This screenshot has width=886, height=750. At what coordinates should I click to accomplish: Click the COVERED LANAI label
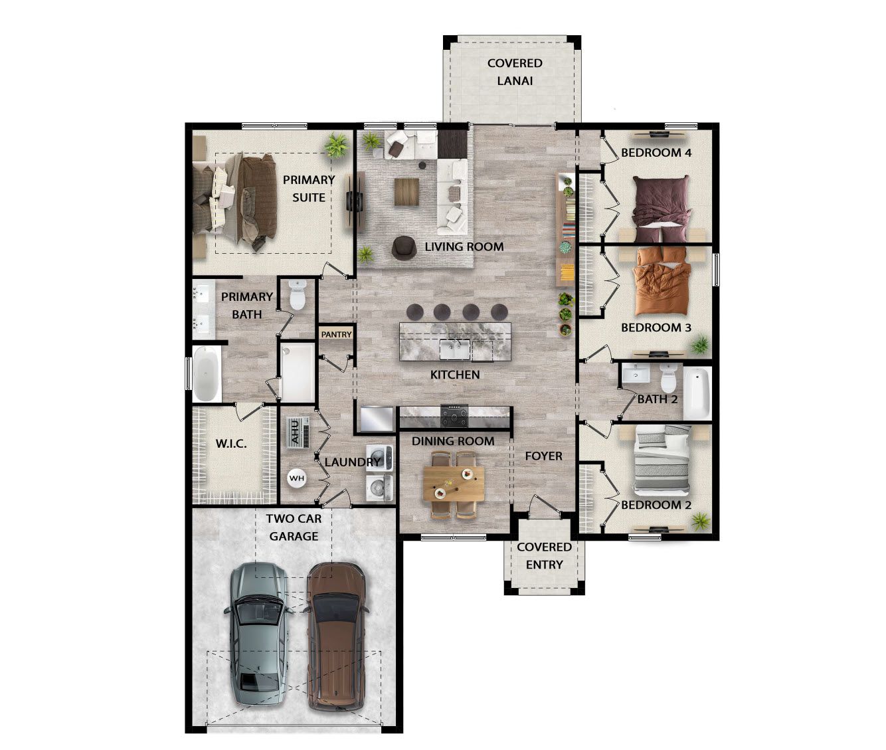515,72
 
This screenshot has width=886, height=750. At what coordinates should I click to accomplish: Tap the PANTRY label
336,334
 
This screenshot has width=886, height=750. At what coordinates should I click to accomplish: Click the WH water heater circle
296,478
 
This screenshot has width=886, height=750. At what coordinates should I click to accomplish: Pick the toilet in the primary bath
297,295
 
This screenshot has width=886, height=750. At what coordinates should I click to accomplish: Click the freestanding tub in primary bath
207,375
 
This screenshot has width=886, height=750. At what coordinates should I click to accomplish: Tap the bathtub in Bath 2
697,393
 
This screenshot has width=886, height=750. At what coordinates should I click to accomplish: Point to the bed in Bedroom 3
662,282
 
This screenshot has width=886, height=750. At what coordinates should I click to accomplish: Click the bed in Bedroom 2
663,460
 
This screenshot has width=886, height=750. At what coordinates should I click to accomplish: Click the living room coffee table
406,192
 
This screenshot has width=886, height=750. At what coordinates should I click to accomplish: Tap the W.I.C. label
231,443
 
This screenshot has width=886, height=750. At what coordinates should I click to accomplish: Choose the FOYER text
543,456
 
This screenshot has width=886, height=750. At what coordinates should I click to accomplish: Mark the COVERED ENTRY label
544,555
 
